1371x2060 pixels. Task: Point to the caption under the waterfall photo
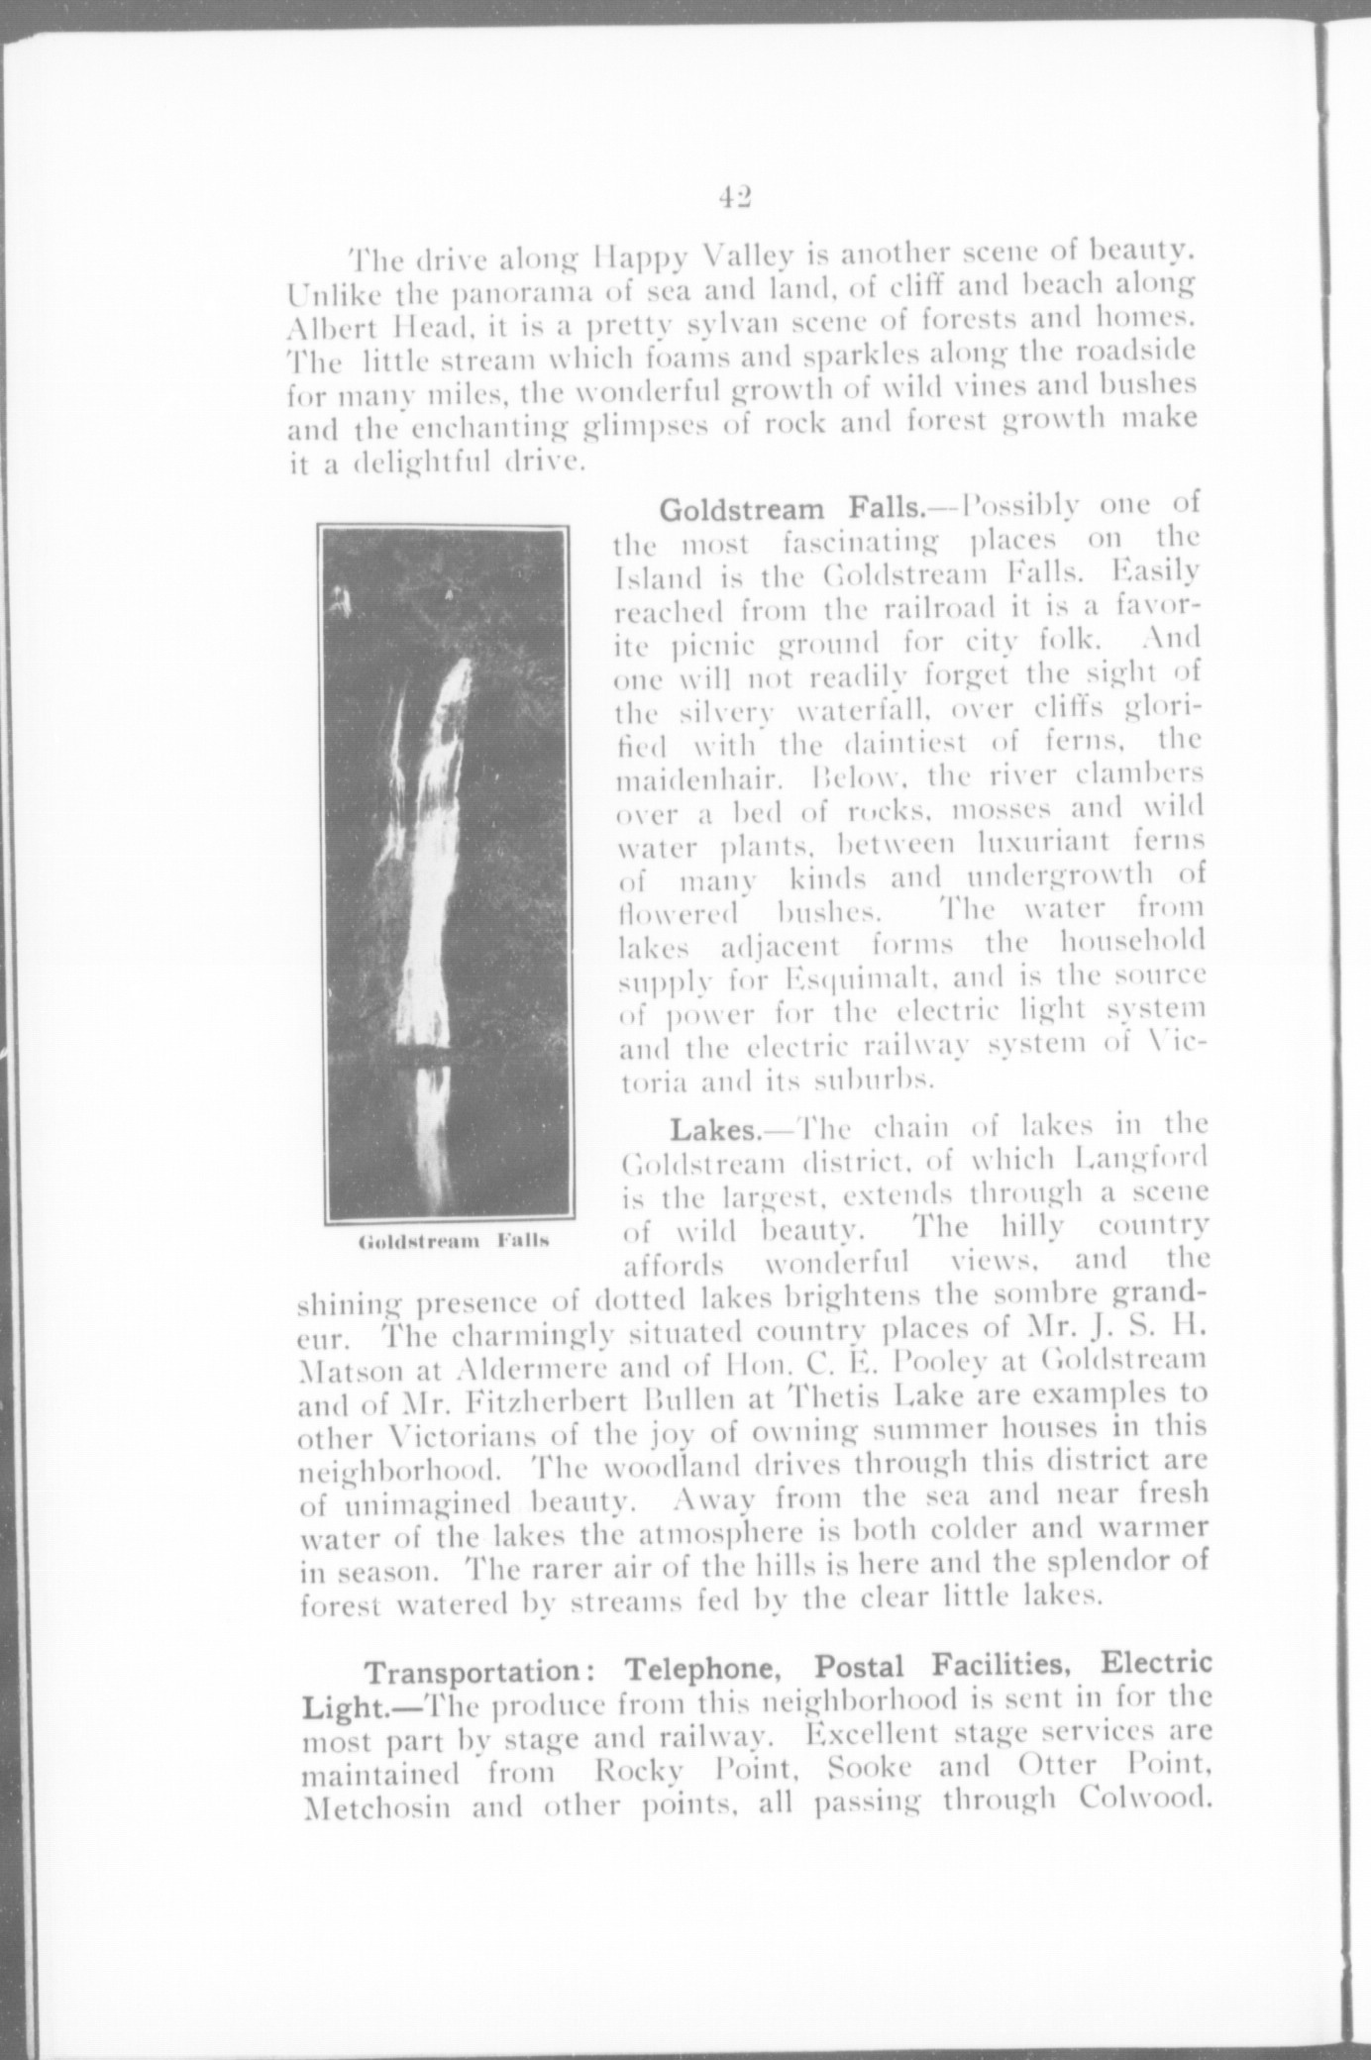(x=453, y=1241)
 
